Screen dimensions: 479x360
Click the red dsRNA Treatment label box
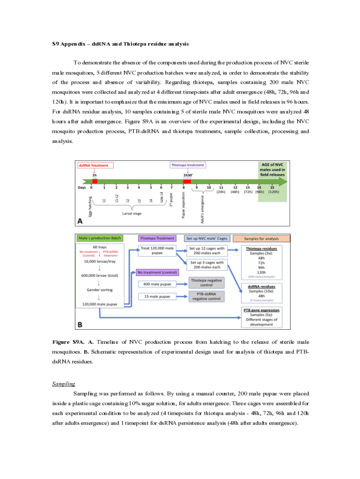96,165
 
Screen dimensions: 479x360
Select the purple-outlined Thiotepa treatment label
187,165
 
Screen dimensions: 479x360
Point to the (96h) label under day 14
259,191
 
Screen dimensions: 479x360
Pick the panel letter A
80,222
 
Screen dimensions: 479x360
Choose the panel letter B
80,323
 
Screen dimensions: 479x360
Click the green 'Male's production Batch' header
100,238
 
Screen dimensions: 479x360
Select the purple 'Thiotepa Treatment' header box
158,238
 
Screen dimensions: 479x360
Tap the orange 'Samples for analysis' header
262,238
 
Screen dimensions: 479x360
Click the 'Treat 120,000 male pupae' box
158,251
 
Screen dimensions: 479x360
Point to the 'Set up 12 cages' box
207,251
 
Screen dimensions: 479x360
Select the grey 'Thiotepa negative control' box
207,282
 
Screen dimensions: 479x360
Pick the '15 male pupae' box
158,296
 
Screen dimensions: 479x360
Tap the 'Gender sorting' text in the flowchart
99,290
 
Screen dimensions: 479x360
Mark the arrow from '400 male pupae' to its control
182,283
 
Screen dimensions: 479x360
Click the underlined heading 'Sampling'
63,384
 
